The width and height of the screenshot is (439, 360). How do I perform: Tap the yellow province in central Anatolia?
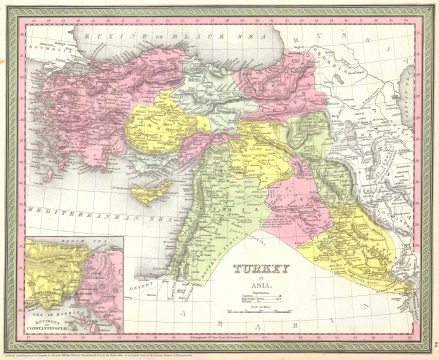point(155,130)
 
